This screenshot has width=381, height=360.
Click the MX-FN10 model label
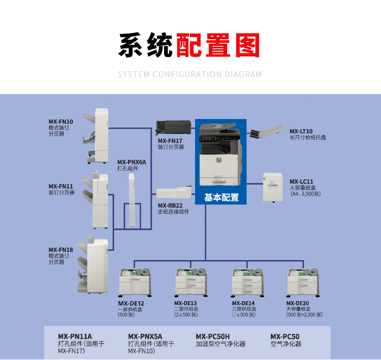(x=61, y=122)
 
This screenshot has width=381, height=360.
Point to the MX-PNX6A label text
(x=132, y=162)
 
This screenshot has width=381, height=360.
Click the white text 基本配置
(x=221, y=198)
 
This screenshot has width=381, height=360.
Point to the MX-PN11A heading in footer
(x=75, y=336)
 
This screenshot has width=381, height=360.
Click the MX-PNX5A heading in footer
(x=145, y=336)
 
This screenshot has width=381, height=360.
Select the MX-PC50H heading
(x=213, y=336)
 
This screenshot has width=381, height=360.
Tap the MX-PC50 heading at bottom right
(x=285, y=336)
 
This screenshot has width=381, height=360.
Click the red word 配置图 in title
(x=218, y=46)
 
